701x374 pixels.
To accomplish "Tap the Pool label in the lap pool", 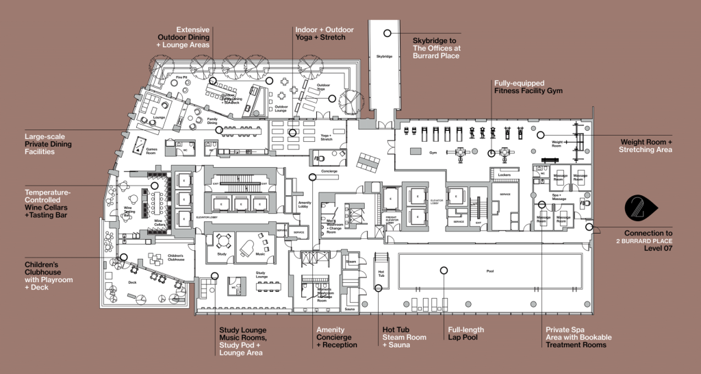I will click(x=489, y=271).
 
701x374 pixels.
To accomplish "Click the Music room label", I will click(x=259, y=254).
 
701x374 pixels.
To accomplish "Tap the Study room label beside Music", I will click(x=222, y=254).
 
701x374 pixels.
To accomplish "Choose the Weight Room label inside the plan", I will click(x=557, y=144).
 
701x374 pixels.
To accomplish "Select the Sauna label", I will click(x=350, y=310).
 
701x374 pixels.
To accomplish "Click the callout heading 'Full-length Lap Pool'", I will click(x=465, y=334).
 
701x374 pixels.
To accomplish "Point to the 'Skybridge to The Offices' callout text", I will click(x=437, y=48).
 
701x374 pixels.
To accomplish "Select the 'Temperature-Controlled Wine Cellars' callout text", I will click(x=48, y=199).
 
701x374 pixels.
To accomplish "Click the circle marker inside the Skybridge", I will click(x=387, y=32).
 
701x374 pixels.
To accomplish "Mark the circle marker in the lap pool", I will click(x=443, y=271).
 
